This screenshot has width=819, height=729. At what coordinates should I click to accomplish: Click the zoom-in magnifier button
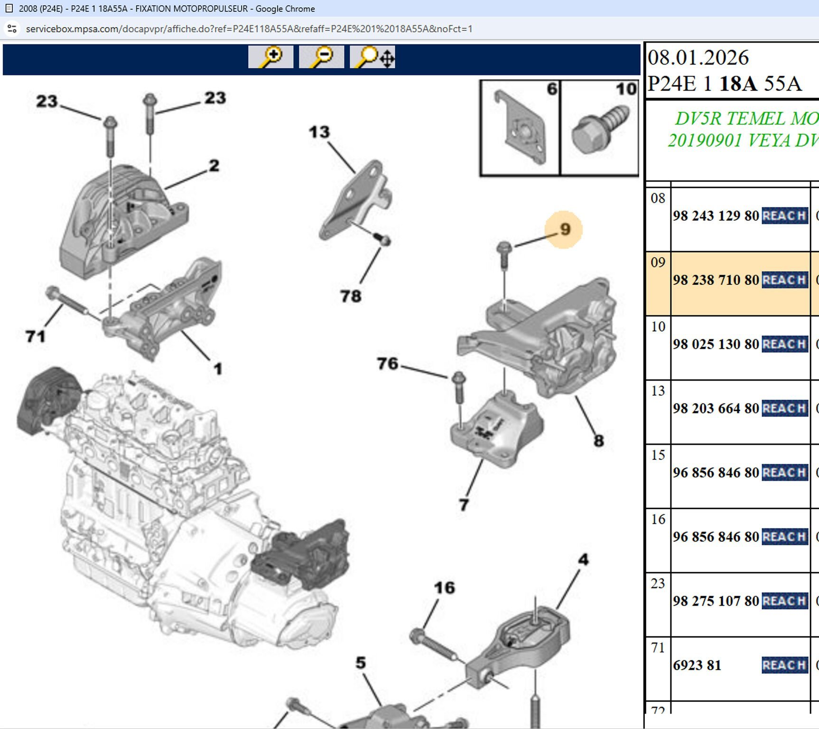(270, 57)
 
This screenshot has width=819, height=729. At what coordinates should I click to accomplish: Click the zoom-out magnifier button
(321, 57)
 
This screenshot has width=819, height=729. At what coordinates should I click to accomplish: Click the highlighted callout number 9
(564, 230)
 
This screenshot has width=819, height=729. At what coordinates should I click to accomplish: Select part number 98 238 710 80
(716, 280)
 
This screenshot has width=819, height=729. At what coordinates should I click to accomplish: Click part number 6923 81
(697, 665)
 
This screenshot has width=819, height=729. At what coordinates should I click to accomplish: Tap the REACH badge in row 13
(784, 409)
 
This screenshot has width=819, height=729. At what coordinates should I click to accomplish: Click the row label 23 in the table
(658, 583)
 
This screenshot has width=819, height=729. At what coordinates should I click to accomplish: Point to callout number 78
(351, 297)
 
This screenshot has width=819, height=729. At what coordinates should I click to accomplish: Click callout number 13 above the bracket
(319, 132)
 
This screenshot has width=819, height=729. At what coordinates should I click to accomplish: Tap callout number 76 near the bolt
(388, 364)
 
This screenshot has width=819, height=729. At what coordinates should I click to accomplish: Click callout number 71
(36, 336)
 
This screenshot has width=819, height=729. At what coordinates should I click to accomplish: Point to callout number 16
(444, 588)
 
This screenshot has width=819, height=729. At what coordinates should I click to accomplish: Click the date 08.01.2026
(698, 58)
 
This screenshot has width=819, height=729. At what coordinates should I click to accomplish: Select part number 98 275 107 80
(716, 601)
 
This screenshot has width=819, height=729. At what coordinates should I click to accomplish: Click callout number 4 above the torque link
(583, 560)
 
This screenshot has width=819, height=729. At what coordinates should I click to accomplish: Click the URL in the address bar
(249, 29)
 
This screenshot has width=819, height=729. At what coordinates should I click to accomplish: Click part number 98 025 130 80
(716, 345)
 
